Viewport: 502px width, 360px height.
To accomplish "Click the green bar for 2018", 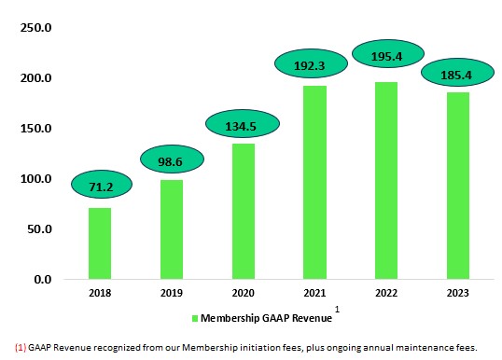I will pyautogui.click(x=100, y=243).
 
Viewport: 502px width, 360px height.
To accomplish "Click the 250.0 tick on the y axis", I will pyautogui.click(x=35, y=28).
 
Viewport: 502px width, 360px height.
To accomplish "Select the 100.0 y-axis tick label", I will pyautogui.click(x=35, y=179).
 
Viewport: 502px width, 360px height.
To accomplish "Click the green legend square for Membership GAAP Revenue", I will pyautogui.click(x=195, y=319).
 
